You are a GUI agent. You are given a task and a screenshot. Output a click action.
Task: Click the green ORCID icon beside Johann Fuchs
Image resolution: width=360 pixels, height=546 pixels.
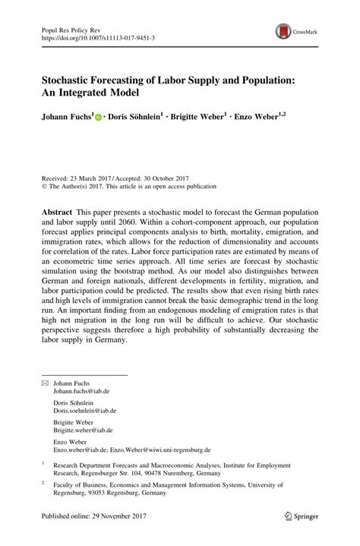(x=99, y=118)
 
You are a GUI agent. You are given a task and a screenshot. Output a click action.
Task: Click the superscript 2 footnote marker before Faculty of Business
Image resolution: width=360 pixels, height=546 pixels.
(x=43, y=481)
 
